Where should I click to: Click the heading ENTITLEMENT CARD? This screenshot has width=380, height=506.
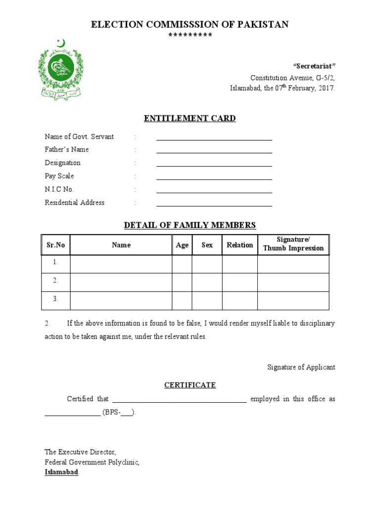[190, 118]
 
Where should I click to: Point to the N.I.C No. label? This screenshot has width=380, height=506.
[59, 189]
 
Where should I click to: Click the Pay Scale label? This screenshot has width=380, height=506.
[59, 176]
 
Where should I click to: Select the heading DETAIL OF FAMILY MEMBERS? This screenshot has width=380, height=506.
[190, 225]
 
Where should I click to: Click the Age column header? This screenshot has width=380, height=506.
[182, 245]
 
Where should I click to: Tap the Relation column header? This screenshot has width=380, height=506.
[239, 245]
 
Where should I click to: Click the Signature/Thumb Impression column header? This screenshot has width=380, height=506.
[293, 245]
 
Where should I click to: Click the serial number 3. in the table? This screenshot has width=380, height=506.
[56, 299]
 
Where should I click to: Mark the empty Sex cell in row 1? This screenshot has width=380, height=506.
[207, 264]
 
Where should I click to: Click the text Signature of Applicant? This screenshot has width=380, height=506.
[301, 367]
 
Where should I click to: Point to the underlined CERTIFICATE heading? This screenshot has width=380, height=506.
[190, 385]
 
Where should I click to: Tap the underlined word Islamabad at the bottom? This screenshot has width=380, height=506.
[61, 472]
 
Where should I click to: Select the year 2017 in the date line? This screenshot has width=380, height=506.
[327, 88]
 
